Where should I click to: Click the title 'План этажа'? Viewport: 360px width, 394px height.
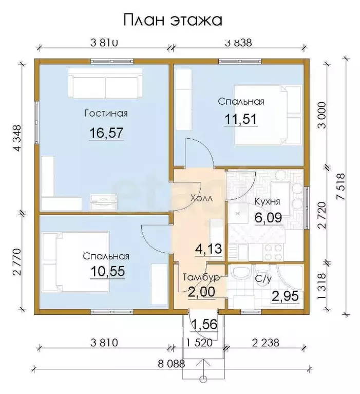click(173, 20)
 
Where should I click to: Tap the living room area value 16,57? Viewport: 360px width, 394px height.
click(106, 133)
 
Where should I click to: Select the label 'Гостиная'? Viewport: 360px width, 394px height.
click(106, 114)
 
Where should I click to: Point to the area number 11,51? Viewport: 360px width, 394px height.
click(241, 119)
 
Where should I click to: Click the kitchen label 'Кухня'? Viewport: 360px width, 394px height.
click(267, 201)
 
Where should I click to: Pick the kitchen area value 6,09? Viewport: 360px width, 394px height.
click(268, 218)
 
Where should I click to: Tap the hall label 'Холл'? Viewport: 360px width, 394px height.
click(201, 198)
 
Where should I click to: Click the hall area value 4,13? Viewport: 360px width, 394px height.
click(209, 249)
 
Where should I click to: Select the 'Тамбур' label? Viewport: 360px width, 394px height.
click(201, 277)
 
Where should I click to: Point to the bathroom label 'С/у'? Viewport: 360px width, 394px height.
click(263, 279)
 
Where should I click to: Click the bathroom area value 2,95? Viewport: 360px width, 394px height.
click(286, 296)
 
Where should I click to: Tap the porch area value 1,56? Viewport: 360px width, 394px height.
click(204, 325)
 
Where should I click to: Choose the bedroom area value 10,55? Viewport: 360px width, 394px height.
click(107, 271)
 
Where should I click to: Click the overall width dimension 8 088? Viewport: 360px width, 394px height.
click(172, 364)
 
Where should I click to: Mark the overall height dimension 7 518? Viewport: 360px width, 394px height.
click(341, 186)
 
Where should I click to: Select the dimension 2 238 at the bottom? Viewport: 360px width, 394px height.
click(266, 343)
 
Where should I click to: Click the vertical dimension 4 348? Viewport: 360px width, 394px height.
click(18, 138)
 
